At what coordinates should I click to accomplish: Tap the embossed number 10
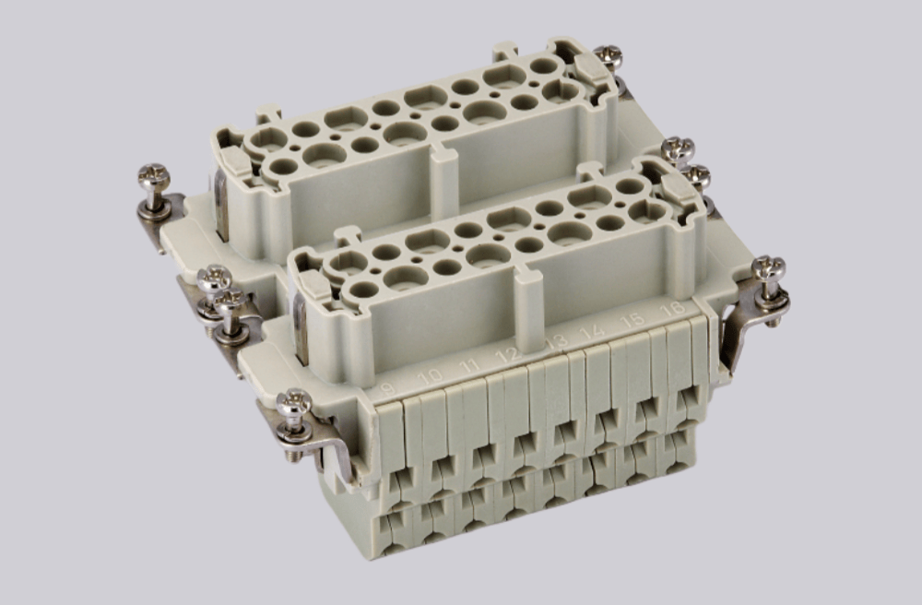pos(430,376)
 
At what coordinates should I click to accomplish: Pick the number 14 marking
pos(593,332)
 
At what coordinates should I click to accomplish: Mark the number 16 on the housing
pos(674,308)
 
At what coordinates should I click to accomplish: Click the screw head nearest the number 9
pos(294,402)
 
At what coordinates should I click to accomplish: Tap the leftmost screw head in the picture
pos(153,175)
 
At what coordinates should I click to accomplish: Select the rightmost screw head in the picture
pos(768,269)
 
